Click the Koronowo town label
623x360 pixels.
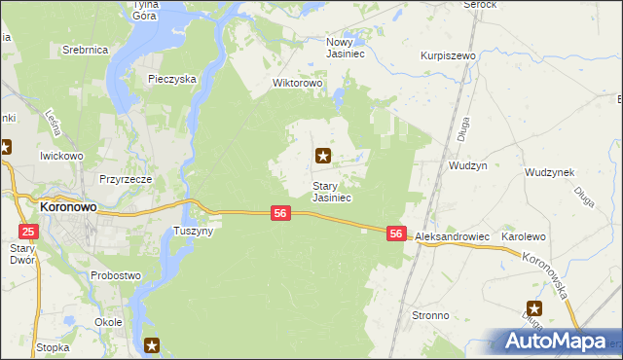[x=65, y=207]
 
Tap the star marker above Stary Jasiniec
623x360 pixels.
[x=322, y=155]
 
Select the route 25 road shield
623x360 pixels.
[x=28, y=231]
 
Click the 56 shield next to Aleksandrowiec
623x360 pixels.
[x=396, y=234]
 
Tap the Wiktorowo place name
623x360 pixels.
[x=297, y=84]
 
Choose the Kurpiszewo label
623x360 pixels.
[x=447, y=56]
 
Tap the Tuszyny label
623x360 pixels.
[x=193, y=232]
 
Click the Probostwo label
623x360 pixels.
[x=116, y=275]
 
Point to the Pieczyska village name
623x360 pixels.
[x=172, y=78]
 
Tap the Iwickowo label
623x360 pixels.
[x=60, y=155]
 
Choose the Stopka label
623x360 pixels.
[x=52, y=346]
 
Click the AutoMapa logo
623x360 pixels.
[x=552, y=341]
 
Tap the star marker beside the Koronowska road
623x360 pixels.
[x=534, y=307]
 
